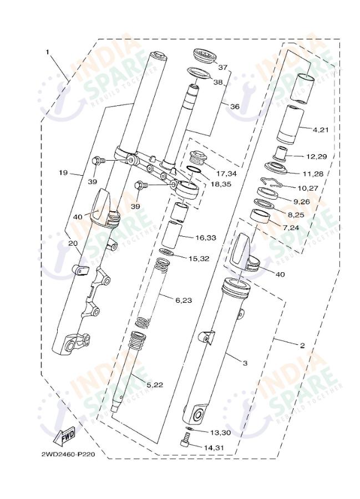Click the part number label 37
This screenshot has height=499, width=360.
[x=222, y=68]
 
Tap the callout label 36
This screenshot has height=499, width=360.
[x=234, y=106]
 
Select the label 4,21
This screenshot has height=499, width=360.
[x=321, y=130]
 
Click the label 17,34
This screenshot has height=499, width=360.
[x=226, y=174]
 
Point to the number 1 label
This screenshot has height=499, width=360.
[x=48, y=52]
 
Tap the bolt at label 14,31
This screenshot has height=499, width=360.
[x=186, y=442]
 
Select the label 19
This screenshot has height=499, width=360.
[x=63, y=173]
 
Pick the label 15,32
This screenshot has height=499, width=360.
[x=198, y=258]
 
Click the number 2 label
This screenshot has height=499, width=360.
[x=302, y=345]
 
